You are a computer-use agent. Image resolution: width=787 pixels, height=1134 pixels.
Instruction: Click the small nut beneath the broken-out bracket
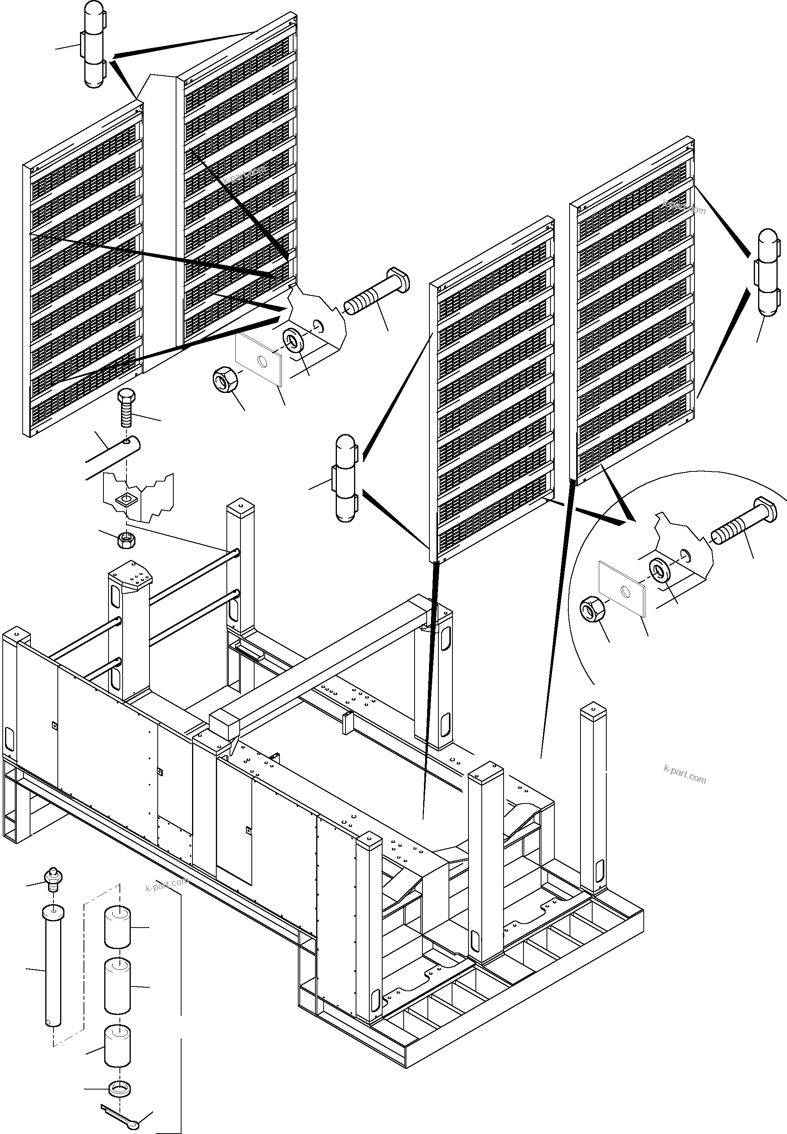127,540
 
